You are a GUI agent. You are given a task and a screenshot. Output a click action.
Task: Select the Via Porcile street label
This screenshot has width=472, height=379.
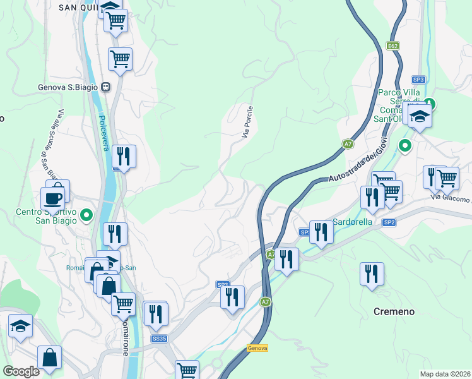pyautogui.click(x=247, y=121)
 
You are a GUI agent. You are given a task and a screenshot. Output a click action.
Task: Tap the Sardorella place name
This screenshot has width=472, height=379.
pyautogui.click(x=353, y=222)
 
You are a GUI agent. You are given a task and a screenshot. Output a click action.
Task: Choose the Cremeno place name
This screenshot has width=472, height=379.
pyautogui.click(x=394, y=311)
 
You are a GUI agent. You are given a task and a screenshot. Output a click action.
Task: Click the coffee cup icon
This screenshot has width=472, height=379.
pyautogui.click(x=53, y=198)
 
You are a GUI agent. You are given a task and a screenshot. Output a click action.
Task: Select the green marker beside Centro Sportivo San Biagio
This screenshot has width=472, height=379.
pyautogui.click(x=88, y=215)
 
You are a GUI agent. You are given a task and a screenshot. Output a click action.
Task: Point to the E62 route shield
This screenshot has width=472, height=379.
pyautogui.click(x=393, y=46)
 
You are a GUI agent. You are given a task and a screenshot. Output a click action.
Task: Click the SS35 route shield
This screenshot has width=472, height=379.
pyautogui.click(x=159, y=339)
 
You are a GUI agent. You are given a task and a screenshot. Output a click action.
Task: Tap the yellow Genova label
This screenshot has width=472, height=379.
pyautogui.click(x=257, y=348)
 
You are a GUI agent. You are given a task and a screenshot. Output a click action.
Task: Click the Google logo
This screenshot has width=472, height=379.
pyautogui.click(x=21, y=371)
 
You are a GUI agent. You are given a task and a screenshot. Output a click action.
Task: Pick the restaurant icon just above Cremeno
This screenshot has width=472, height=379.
pyautogui.click(x=372, y=274)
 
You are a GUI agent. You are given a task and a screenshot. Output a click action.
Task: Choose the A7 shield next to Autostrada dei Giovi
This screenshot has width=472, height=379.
pyautogui.click(x=348, y=144)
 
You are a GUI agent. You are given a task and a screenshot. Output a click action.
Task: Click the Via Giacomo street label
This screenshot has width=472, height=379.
pyautogui.click(x=452, y=199)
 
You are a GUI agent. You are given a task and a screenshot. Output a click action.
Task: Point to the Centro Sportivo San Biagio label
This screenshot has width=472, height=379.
pyautogui.click(x=47, y=215)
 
